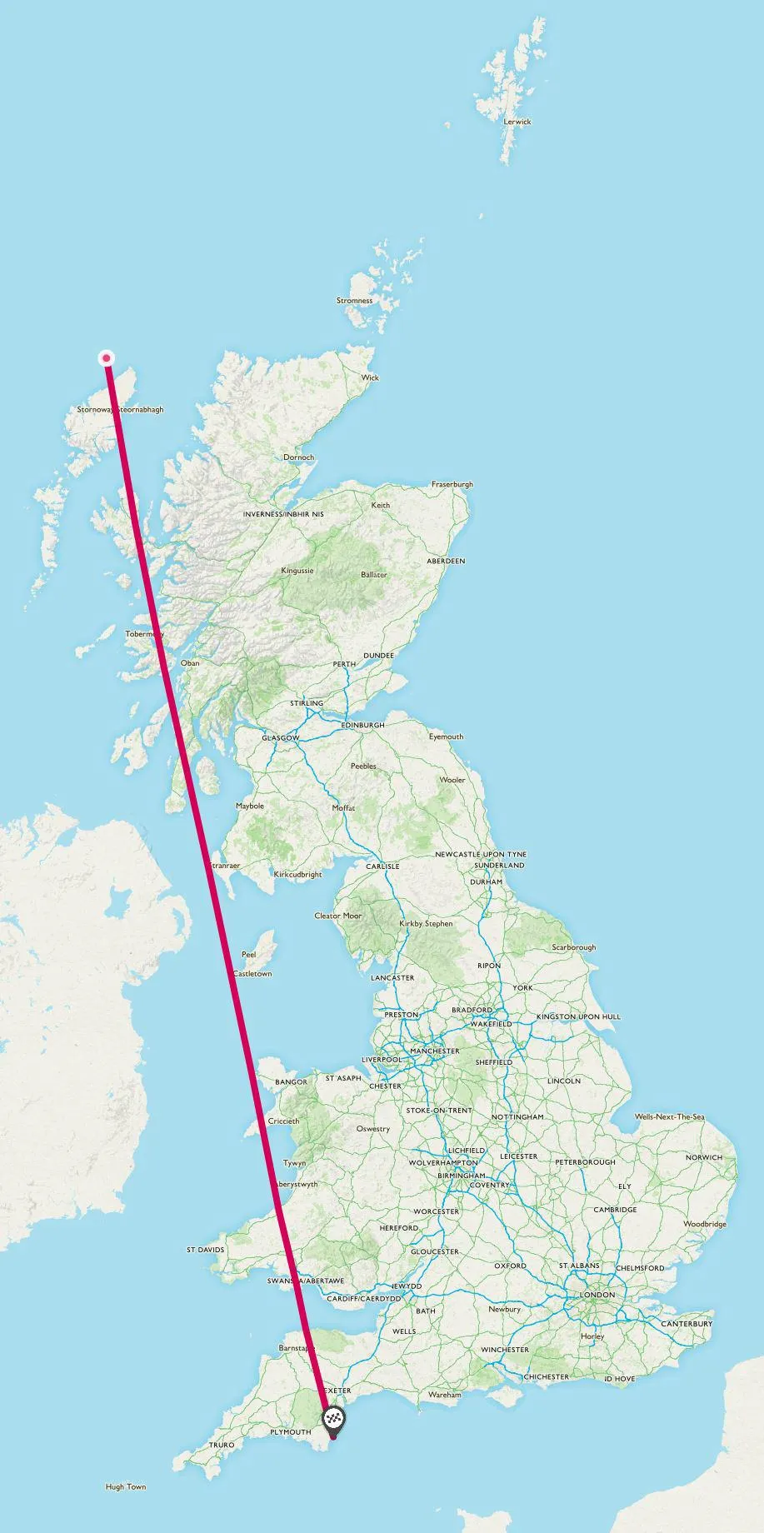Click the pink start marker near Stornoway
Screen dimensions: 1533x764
107,358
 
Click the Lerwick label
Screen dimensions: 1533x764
517,122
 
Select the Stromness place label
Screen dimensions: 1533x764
355,301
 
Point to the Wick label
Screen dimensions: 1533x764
370,377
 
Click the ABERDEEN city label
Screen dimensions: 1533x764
446,561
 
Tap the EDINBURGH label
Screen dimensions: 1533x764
363,725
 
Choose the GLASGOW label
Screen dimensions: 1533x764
281,738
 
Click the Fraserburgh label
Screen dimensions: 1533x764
452,484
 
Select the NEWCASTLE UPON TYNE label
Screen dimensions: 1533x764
481,854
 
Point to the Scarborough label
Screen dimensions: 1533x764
574,947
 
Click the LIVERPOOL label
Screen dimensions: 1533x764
382,1060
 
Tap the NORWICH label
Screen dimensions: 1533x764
704,1157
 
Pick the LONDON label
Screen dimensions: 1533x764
597,1295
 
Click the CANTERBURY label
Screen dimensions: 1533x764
687,1323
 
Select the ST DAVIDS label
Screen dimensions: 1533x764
206,1250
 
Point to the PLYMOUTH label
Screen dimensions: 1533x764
291,1432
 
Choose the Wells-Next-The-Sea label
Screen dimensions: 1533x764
670,1116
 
